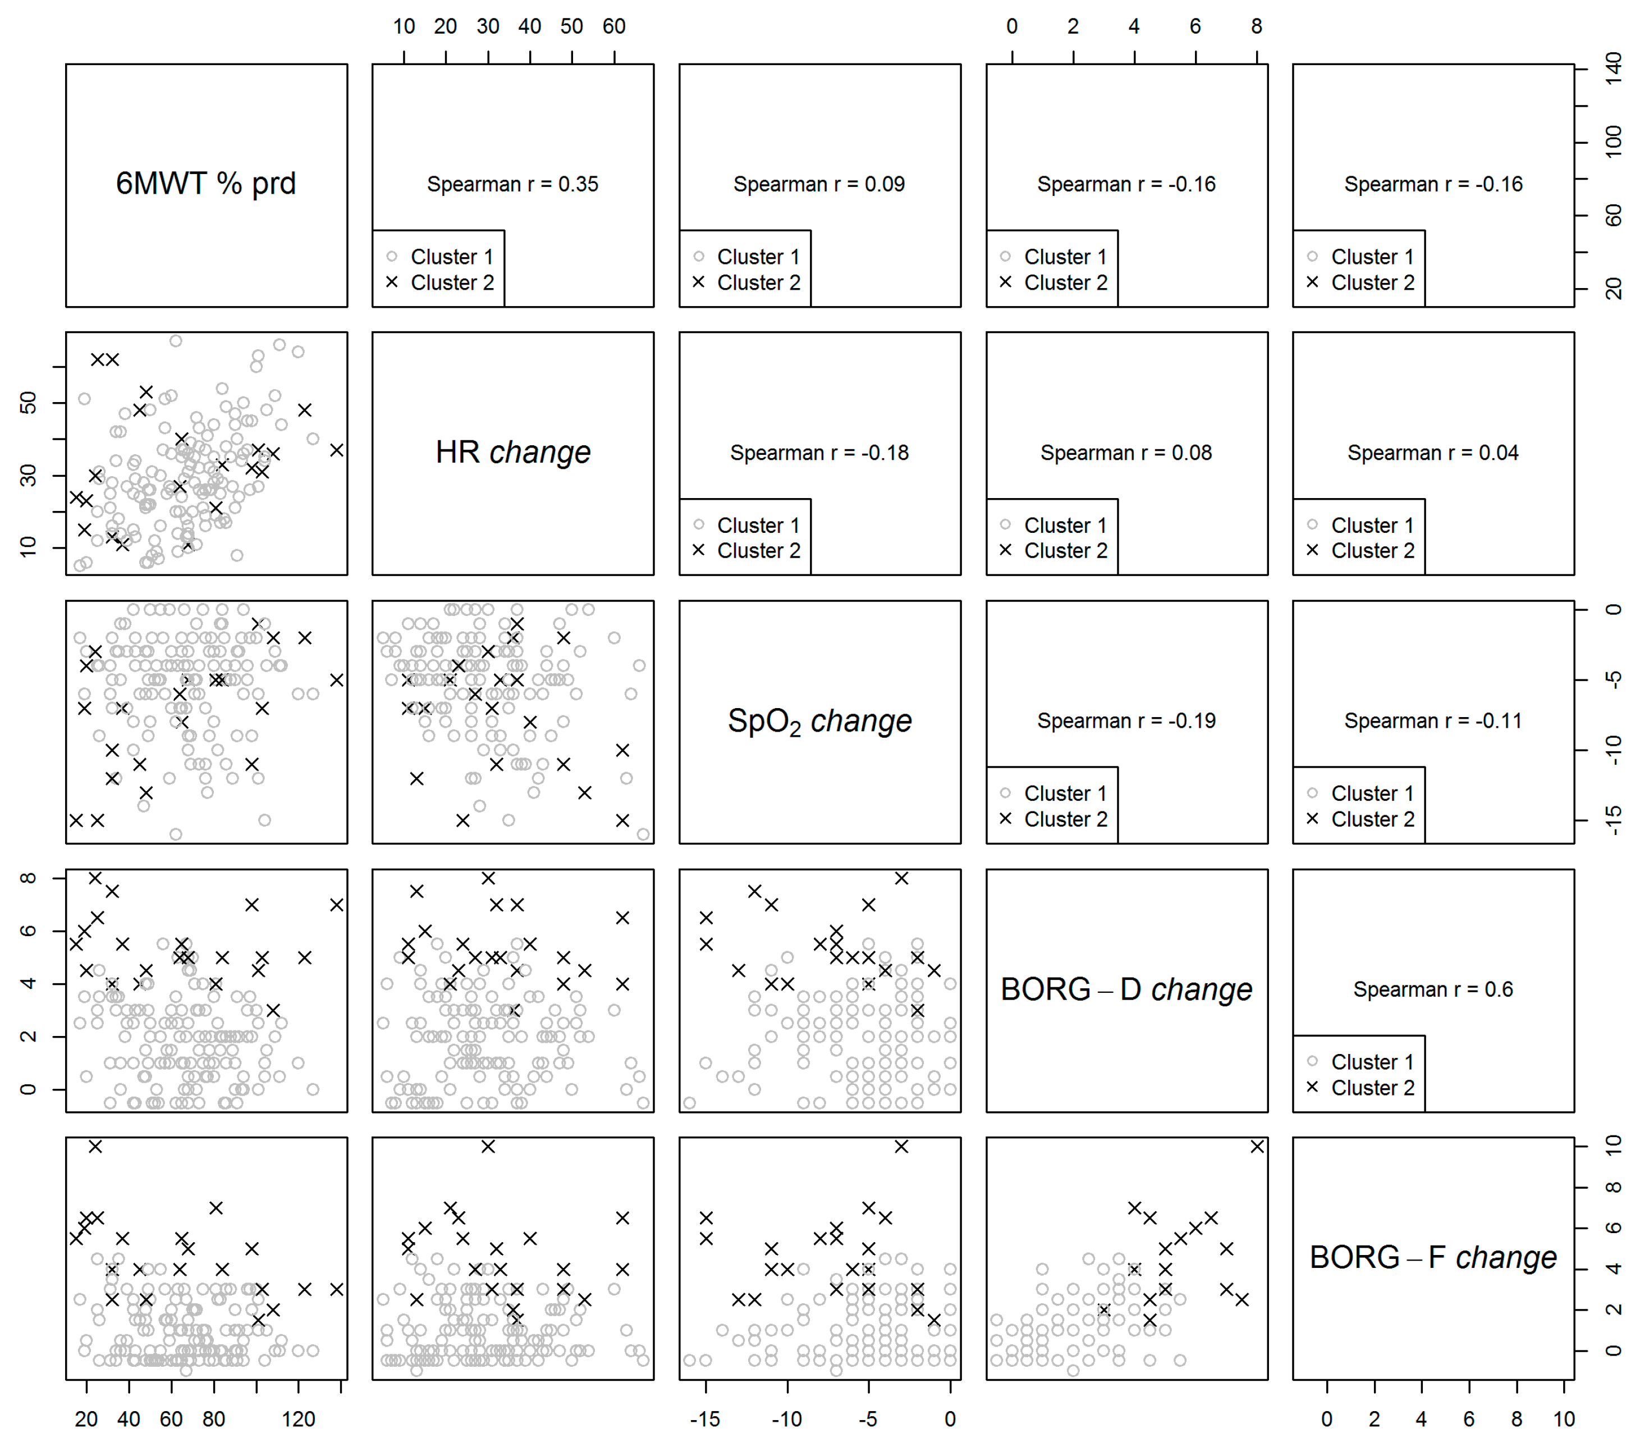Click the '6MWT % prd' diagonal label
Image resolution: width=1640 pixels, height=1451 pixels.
(x=205, y=184)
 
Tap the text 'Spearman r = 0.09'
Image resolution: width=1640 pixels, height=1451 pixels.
(x=819, y=185)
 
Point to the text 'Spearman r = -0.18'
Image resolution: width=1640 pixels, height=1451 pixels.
(x=819, y=454)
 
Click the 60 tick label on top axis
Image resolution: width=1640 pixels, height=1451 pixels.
(x=614, y=26)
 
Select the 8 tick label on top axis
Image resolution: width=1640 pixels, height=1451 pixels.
(x=1257, y=26)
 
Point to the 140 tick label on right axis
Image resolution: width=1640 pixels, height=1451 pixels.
(x=1612, y=69)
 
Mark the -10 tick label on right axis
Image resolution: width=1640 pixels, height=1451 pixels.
(x=1612, y=750)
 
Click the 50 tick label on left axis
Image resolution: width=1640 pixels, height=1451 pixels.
(x=28, y=402)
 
